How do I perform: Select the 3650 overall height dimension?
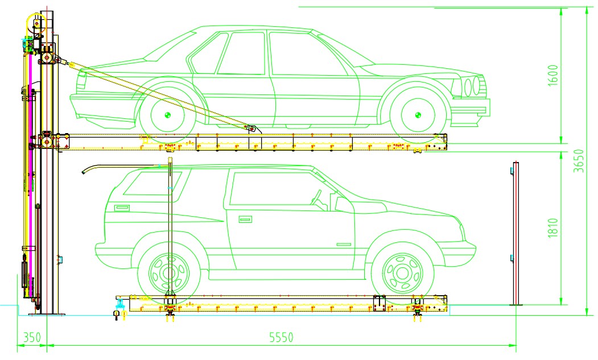click(x=579, y=162)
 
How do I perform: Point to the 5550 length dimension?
click(x=281, y=337)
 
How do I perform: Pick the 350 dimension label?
click(x=32, y=337)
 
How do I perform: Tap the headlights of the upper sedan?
click(x=472, y=87)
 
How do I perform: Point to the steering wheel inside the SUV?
click(x=317, y=198)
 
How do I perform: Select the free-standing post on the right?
click(x=515, y=233)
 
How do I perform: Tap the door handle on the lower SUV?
click(x=245, y=219)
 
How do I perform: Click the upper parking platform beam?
click(x=256, y=142)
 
